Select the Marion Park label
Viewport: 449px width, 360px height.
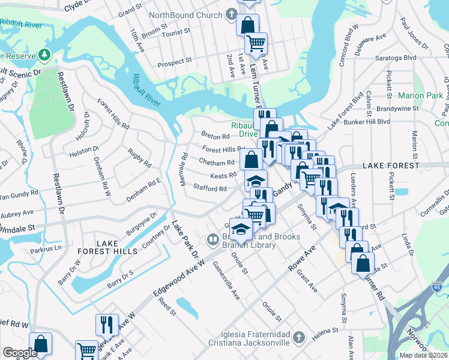(x=420, y=95)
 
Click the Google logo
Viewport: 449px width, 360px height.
(x=20, y=353)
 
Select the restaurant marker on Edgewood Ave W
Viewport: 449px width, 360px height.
(x=107, y=325)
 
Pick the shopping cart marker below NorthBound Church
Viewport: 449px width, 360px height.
(x=257, y=43)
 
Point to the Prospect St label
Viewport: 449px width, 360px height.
(x=174, y=61)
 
